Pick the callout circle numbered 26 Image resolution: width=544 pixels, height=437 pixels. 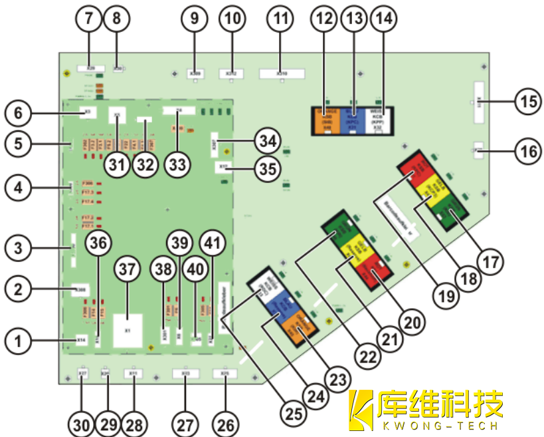(225, 423)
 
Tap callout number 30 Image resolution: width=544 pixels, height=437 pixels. (82, 423)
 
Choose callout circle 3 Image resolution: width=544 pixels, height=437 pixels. (19, 249)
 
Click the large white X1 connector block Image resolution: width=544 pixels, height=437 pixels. (128, 329)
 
